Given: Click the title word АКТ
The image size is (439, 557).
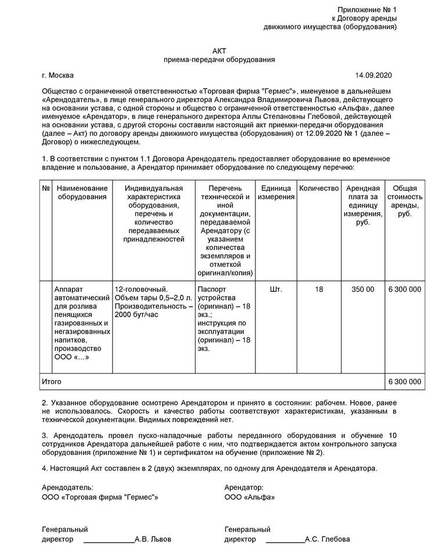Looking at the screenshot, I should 219,50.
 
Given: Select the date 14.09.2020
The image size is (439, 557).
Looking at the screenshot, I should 374,75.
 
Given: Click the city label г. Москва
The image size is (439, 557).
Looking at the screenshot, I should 58,75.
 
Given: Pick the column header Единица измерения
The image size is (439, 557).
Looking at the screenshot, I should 276,193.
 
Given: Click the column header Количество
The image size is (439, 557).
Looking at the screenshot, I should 319,189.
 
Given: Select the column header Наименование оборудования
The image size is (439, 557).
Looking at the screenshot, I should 82,193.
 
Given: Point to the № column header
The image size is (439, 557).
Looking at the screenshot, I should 46,189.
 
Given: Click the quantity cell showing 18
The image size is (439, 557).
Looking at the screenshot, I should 319,289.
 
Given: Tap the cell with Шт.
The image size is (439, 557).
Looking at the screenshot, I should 276,289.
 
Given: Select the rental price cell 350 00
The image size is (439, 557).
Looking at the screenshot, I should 363,289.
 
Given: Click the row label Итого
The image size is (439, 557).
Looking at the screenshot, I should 52,382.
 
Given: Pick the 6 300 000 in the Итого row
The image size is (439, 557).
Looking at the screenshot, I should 404,382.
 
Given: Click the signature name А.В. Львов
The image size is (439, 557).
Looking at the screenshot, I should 153,539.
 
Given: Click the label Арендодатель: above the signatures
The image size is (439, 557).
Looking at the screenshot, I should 67,488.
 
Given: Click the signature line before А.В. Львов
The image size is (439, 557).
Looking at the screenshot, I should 109,541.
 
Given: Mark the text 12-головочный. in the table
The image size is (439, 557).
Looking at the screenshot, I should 142,289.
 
